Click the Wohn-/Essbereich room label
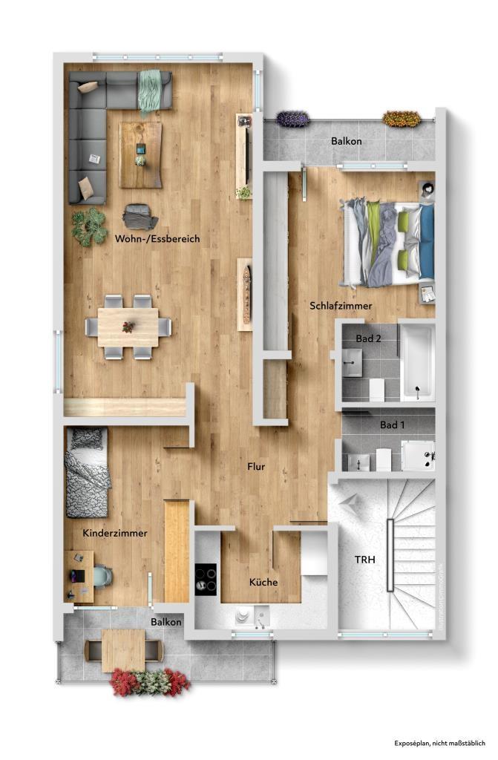tap(157, 239)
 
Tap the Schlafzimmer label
tap(341, 306)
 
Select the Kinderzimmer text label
tap(114, 533)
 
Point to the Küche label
tap(263, 582)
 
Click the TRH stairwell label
tap(364, 560)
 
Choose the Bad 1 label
tap(392, 425)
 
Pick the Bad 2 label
tap(368, 338)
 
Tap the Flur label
tap(256, 467)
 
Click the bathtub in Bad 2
tap(416, 361)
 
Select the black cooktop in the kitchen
tap(206, 578)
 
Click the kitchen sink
tap(245, 616)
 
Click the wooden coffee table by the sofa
tap(140, 154)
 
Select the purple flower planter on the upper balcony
tap(293, 118)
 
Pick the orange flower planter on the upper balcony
tap(402, 118)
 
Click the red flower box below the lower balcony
tap(151, 681)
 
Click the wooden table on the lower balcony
tap(123, 650)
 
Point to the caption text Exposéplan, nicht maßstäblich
tap(439, 742)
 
